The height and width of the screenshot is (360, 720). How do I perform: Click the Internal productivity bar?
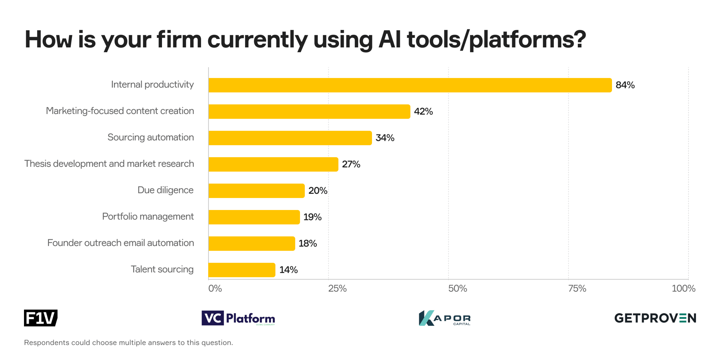[x=410, y=85]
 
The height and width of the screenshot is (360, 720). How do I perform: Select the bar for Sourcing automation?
[x=290, y=138]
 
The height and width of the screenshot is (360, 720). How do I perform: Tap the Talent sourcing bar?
[x=242, y=270]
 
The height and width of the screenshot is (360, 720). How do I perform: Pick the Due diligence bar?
[x=256, y=191]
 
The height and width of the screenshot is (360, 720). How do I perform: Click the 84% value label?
[x=625, y=85]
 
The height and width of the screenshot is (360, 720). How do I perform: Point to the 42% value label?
[x=423, y=111]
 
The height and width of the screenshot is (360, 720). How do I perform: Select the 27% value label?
[x=351, y=164]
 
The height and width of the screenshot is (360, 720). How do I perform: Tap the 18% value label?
[x=308, y=244]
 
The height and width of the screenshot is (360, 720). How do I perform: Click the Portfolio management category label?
[x=148, y=217]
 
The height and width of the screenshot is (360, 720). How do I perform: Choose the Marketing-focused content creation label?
[x=120, y=111]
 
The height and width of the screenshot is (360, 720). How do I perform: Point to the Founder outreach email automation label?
[x=121, y=243]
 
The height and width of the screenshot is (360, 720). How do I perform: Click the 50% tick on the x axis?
[x=457, y=288]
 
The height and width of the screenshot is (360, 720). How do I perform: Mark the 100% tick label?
[x=683, y=288]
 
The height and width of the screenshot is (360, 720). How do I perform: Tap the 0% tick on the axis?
[x=215, y=288]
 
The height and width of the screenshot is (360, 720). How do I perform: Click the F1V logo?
[x=40, y=318]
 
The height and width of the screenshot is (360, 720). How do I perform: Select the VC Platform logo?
[x=238, y=318]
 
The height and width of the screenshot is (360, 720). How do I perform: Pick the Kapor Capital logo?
[x=444, y=318]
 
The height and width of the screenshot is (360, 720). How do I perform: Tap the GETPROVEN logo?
[x=655, y=318]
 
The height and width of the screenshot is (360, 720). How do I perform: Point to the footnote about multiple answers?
[x=129, y=343]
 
